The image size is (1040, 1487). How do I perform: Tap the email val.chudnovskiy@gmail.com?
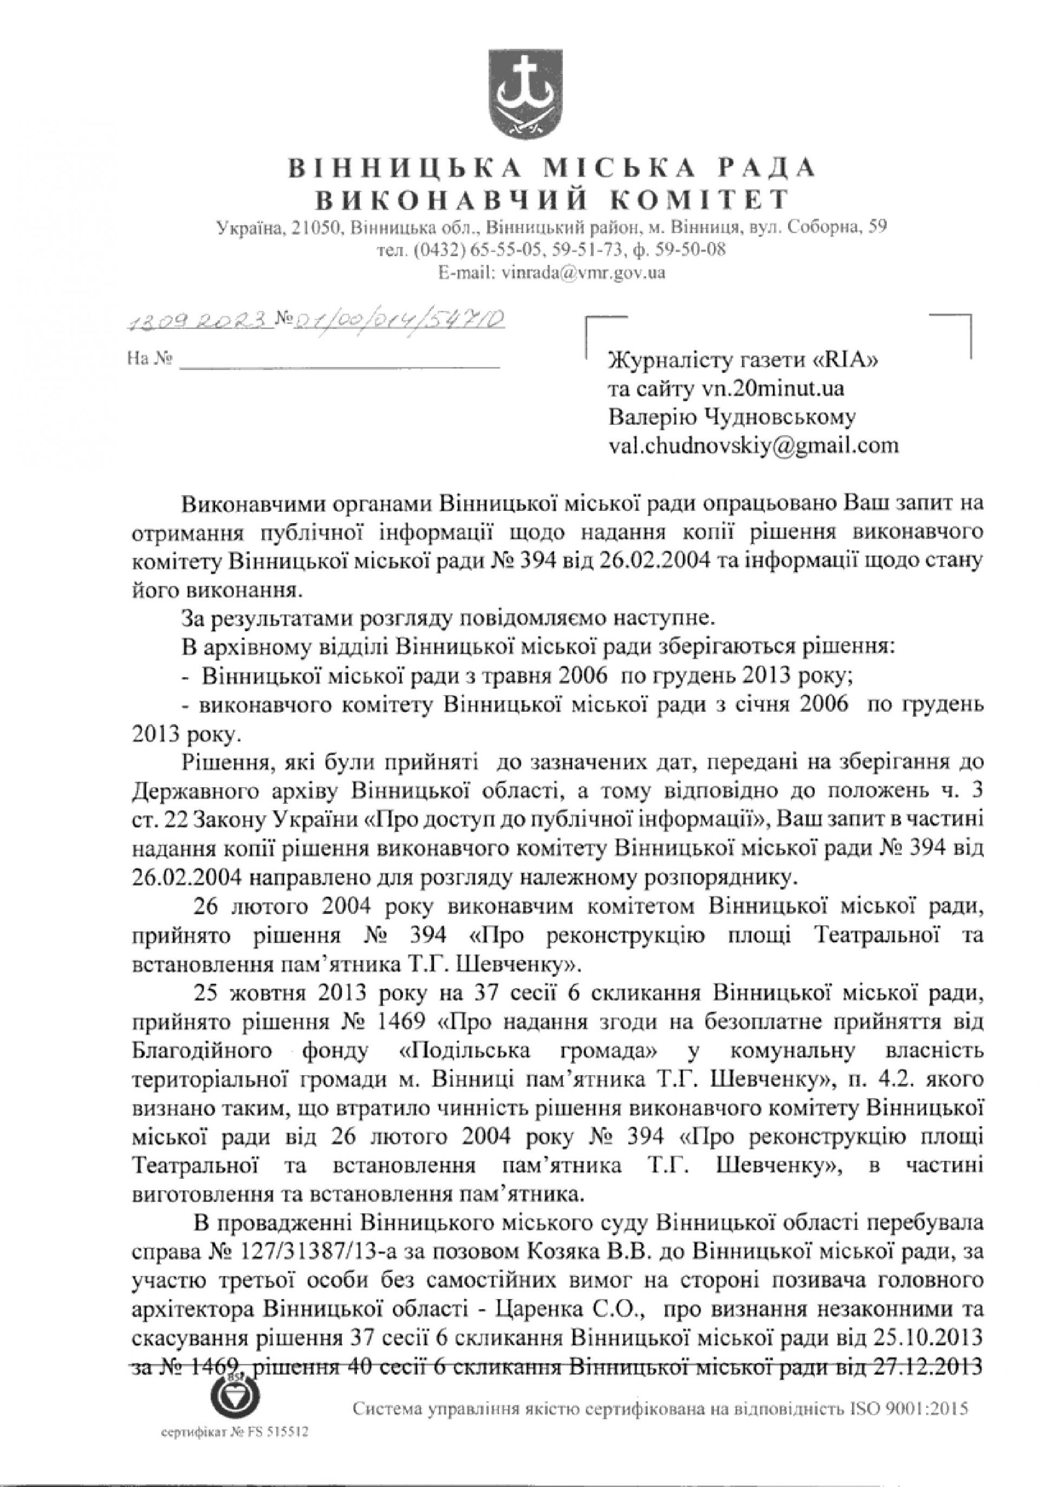(753, 446)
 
